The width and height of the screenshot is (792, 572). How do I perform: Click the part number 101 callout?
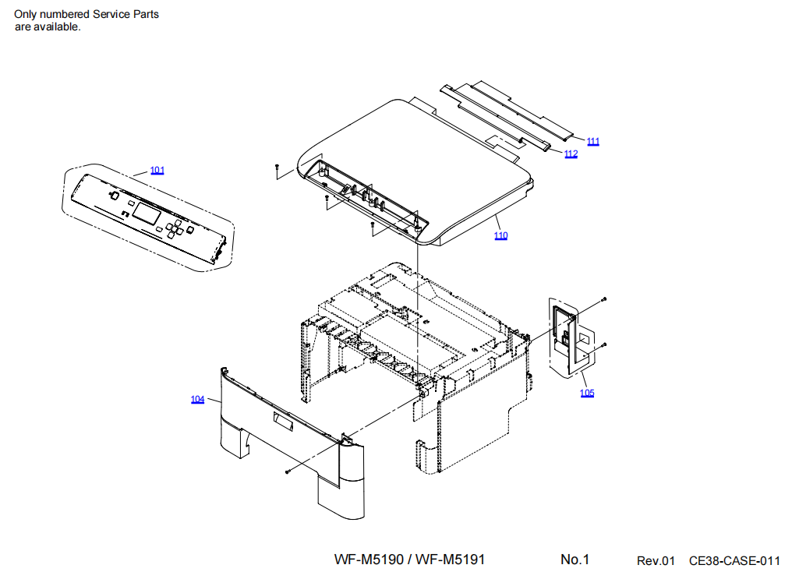pos(157,170)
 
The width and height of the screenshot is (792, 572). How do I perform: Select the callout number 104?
pos(198,399)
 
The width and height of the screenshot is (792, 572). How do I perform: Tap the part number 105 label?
pos(587,393)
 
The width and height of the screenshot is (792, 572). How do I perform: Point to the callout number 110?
pos(500,235)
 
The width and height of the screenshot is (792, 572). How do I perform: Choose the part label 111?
pos(593,141)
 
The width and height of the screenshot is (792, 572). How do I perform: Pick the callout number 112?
pos(571,154)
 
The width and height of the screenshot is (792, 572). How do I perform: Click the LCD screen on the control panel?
pos(147,210)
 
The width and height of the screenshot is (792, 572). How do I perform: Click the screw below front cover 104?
pos(288,471)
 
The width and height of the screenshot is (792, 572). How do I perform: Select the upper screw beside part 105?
pos(603,299)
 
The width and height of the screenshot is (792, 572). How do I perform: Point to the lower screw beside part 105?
pos(604,344)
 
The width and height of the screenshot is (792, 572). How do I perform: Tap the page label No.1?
pos(575,560)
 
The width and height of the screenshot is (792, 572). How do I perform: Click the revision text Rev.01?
pos(655,560)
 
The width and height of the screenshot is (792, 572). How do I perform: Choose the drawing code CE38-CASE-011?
pos(734,560)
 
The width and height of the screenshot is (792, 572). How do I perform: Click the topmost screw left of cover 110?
pos(276,166)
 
